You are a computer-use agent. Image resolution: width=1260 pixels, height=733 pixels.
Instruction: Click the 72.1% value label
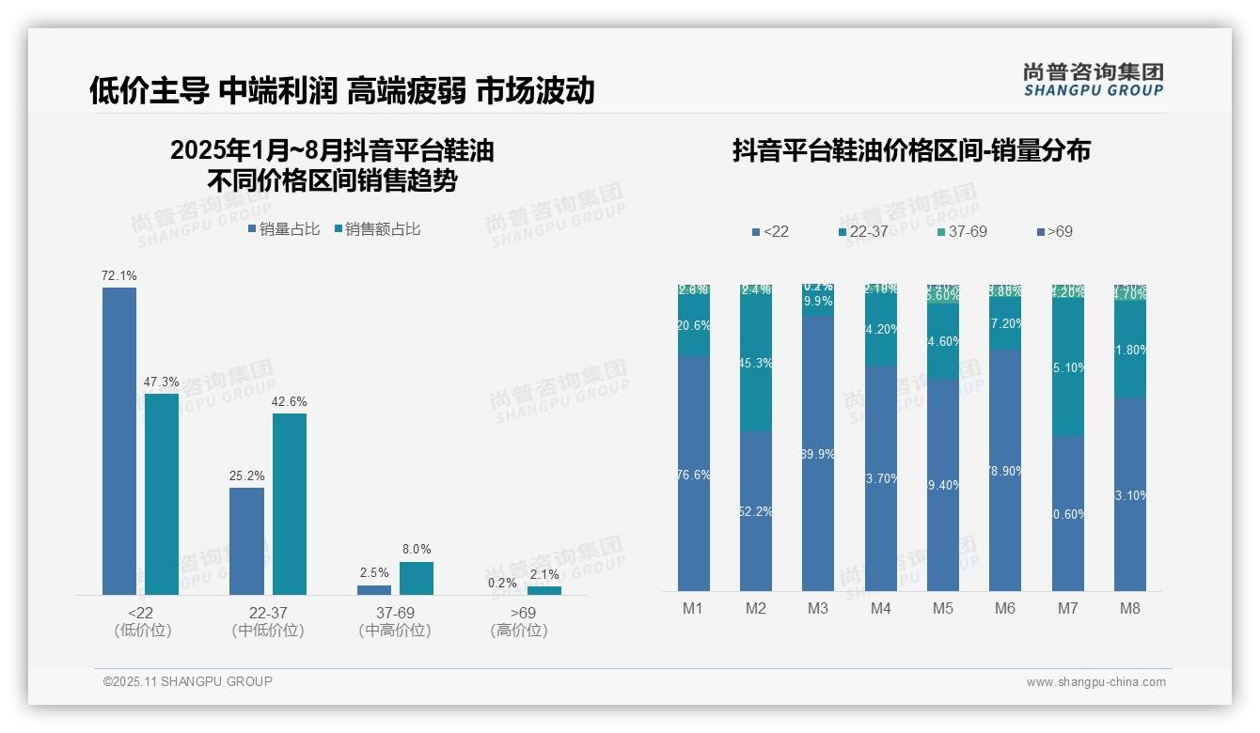pyautogui.click(x=119, y=275)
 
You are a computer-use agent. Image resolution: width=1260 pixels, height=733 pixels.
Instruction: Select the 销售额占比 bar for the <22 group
pyautogui.click(x=162, y=493)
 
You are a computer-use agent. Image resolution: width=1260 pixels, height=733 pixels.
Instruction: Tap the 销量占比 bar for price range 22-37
pyautogui.click(x=246, y=540)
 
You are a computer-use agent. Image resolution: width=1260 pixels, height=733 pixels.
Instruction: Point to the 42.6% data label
pyautogui.click(x=290, y=401)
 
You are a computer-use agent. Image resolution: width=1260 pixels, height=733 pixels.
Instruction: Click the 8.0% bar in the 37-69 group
pyautogui.click(x=417, y=578)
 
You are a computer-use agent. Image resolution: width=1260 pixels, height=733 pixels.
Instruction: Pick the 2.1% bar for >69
pyautogui.click(x=544, y=590)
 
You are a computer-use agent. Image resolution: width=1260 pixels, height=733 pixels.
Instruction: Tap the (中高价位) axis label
pyautogui.click(x=395, y=631)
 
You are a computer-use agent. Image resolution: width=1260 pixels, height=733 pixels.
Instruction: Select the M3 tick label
pyautogui.click(x=818, y=608)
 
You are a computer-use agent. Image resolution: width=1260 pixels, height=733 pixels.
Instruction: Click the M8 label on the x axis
pyautogui.click(x=1130, y=608)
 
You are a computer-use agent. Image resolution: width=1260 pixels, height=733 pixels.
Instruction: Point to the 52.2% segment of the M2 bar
pyautogui.click(x=756, y=511)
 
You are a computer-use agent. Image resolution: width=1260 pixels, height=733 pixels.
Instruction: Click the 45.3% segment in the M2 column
pyautogui.click(x=756, y=364)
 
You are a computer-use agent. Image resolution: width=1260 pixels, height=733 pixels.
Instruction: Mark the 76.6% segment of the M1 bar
pyautogui.click(x=694, y=474)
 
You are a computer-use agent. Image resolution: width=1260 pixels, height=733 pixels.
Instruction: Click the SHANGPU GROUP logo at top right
pyautogui.click(x=1093, y=79)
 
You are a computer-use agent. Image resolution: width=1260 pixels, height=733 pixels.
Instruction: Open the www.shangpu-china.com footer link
pyautogui.click(x=1095, y=682)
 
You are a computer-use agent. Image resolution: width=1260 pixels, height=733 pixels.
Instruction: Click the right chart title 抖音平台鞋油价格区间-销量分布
pyautogui.click(x=911, y=150)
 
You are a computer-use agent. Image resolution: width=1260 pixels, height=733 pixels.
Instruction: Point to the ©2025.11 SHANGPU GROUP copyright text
pyautogui.click(x=188, y=681)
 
